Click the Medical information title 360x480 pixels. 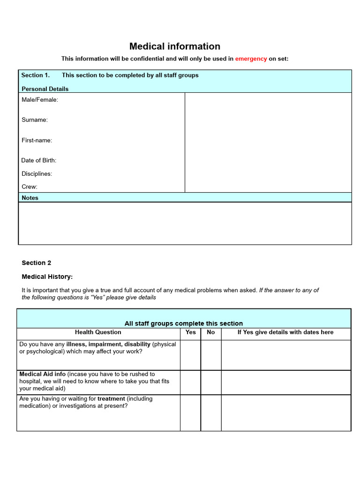click(175, 46)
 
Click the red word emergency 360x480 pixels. click(251, 59)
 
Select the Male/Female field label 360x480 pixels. click(40, 100)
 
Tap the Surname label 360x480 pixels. click(35, 120)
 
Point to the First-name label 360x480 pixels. click(37, 141)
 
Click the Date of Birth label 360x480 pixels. click(39, 160)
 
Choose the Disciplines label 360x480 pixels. click(37, 174)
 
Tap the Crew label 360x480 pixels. click(30, 187)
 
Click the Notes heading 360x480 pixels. click(30, 198)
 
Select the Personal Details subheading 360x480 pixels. click(45, 89)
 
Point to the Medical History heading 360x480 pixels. click(47, 277)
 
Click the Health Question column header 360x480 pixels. click(98, 332)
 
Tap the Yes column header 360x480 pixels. click(191, 332)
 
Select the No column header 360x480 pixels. click(211, 332)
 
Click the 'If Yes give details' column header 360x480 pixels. click(285, 332)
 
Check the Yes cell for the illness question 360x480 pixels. click(190, 355)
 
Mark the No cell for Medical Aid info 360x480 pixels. click(211, 382)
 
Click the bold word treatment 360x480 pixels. click(111, 399)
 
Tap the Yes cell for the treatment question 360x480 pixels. click(190, 412)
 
